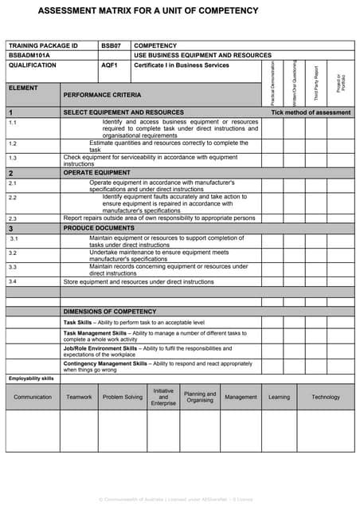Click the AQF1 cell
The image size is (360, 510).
click(109, 65)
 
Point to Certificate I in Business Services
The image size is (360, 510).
click(181, 65)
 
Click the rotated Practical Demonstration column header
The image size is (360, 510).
click(272, 83)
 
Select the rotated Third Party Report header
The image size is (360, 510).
click(316, 83)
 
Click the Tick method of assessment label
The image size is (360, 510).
click(311, 112)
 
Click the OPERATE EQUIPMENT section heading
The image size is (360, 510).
click(96, 172)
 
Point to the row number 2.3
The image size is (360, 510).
click(13, 218)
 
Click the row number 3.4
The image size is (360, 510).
click(13, 281)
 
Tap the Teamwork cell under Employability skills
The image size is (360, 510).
click(79, 397)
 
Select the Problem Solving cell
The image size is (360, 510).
click(123, 397)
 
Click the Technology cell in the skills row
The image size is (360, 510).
click(325, 397)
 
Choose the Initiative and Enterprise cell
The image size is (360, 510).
click(163, 397)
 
